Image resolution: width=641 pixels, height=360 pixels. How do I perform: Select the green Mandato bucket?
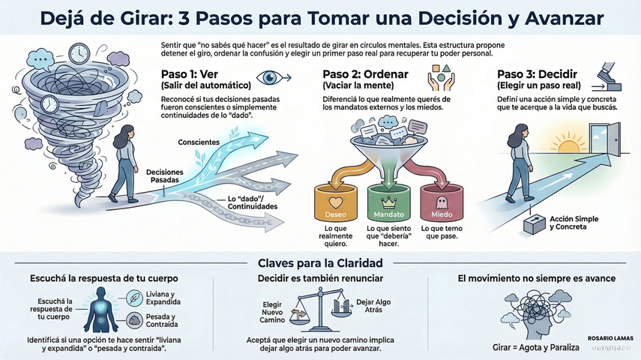pyautogui.click(x=388, y=201)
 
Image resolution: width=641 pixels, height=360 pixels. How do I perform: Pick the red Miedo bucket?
pyautogui.click(x=440, y=201)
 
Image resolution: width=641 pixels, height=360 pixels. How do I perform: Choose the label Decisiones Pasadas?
pyautogui.click(x=163, y=177)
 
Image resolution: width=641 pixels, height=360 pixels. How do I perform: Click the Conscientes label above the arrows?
pyautogui.click(x=199, y=142)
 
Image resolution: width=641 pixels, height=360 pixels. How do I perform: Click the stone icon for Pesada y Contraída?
pyautogui.click(x=135, y=320)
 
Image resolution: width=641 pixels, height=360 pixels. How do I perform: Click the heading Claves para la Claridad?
pyautogui.click(x=320, y=263)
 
